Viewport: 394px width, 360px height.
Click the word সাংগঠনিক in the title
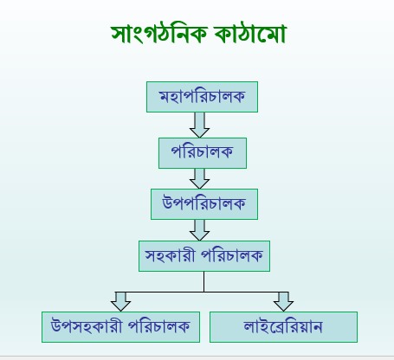(159, 33)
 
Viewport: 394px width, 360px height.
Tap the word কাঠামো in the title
(250, 33)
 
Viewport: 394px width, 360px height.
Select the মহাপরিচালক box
(202, 97)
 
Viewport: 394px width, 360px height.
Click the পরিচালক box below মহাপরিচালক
(203, 153)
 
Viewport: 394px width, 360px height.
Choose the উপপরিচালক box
(204, 204)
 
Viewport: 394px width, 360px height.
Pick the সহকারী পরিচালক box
(204, 256)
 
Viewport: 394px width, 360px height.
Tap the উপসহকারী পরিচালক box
(120, 327)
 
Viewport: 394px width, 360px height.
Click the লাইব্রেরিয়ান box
(283, 327)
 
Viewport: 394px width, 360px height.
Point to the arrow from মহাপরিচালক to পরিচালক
(199, 125)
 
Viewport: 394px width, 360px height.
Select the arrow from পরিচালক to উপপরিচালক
(199, 178)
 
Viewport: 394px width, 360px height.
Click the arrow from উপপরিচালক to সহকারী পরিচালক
(199, 230)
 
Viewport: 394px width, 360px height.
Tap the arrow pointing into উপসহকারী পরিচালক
(120, 302)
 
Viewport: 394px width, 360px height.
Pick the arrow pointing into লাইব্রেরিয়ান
(283, 302)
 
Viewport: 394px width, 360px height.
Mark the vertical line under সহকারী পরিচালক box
(204, 282)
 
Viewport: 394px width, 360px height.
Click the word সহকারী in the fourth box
(170, 255)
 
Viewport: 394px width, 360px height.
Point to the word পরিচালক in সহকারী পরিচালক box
(232, 255)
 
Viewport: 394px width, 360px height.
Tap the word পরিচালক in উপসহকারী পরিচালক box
(158, 326)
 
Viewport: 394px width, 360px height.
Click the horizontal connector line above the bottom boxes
(202, 292)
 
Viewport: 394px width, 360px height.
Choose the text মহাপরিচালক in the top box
(202, 96)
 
